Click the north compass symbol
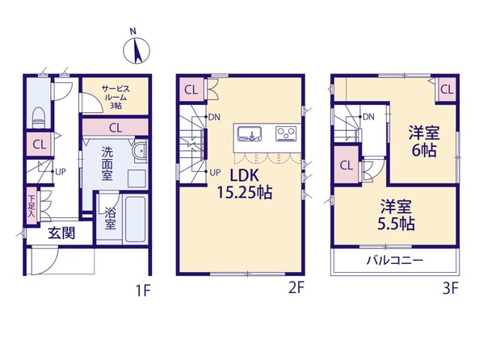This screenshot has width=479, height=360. click(137, 50)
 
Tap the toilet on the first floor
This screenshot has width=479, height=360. click(39, 118)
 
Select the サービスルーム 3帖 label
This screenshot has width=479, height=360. click(116, 97)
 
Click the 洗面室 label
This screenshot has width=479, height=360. click(107, 163)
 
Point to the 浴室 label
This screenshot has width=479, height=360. click(110, 218)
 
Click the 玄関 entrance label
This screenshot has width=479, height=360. click(61, 233)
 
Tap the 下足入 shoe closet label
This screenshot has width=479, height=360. click(32, 206)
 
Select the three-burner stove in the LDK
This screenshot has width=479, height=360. click(286, 133)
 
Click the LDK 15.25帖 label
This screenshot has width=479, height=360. click(245, 184)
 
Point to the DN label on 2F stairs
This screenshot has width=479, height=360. click(215, 117)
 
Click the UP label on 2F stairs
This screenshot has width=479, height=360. click(215, 173)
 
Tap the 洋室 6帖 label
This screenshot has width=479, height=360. click(424, 142)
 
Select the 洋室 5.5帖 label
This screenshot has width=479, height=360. click(397, 216)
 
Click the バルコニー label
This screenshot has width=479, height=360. click(395, 261)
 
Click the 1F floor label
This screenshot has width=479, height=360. click(143, 290)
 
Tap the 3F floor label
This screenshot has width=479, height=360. click(451, 288)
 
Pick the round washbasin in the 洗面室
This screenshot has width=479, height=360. click(141, 151)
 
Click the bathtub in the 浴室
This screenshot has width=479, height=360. click(135, 220)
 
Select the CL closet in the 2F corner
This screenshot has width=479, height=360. click(191, 90)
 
